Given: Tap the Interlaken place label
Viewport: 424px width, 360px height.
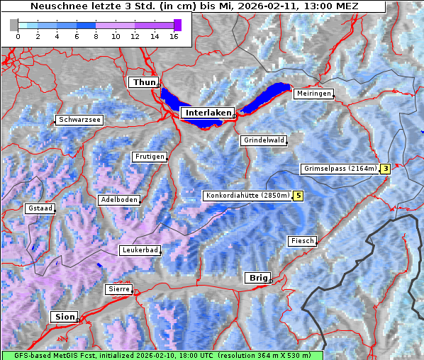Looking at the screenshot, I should point(207,113).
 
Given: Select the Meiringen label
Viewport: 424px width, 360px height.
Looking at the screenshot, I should point(313,94).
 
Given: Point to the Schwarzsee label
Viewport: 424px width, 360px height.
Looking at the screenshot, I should point(79,120).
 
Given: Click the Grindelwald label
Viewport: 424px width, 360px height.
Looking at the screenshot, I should point(264,140).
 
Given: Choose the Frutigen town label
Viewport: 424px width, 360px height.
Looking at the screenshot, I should point(149,157).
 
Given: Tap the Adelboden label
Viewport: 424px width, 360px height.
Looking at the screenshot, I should point(118,200).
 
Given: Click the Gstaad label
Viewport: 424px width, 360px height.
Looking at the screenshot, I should point(40,209).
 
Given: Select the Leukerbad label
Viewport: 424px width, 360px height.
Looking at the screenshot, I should point(140,250).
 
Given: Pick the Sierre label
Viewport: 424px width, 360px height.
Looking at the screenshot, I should point(118,289).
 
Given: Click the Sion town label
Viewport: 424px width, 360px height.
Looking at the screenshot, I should point(65,317).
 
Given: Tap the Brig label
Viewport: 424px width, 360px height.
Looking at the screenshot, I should point(257,278).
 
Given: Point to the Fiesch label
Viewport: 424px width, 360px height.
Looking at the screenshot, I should point(302,241).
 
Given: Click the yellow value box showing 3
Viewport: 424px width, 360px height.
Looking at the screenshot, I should point(385,169).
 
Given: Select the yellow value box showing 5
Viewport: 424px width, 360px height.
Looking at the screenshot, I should point(299,196).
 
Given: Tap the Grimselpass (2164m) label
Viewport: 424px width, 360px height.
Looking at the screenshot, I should point(340,169).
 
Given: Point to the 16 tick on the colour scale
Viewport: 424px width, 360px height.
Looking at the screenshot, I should point(173,35).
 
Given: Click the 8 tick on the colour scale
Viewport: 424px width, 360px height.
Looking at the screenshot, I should point(95,35).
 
